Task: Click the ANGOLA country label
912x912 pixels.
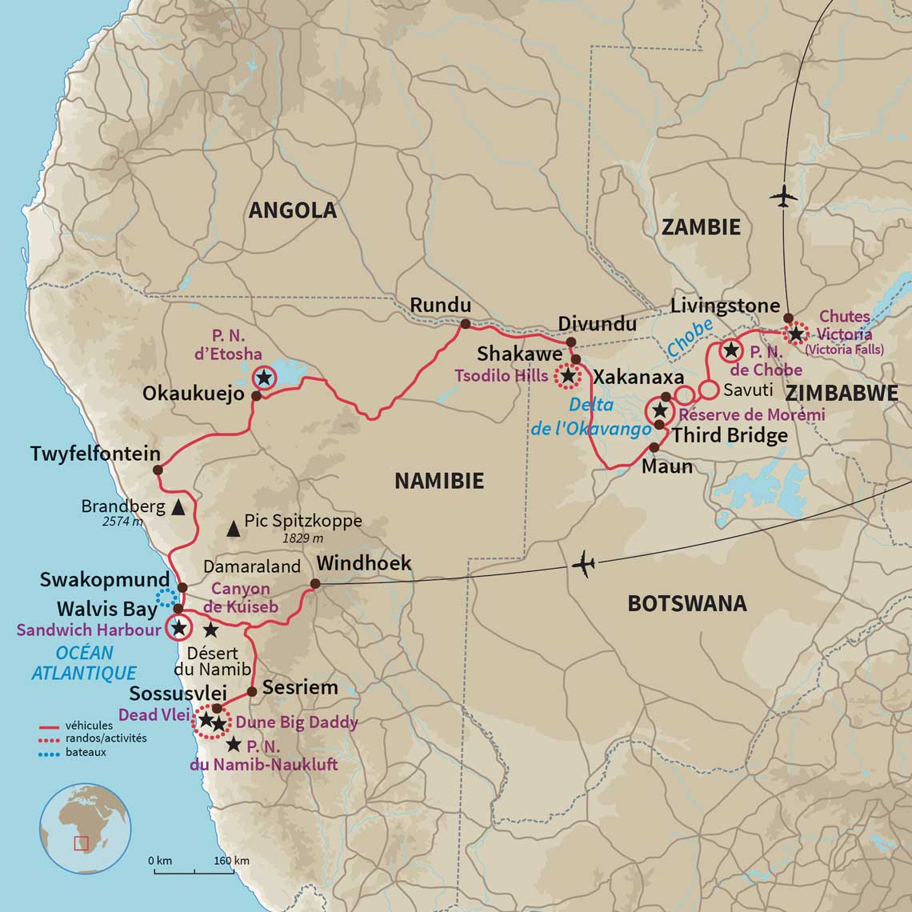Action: (292, 210)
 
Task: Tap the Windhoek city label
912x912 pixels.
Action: (364, 563)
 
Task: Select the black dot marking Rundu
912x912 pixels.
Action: (464, 324)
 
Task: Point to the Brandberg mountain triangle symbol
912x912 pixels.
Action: (178, 507)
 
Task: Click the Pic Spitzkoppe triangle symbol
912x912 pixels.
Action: (233, 527)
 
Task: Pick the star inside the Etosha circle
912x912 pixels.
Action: (263, 378)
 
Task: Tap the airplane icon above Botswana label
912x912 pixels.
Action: (584, 565)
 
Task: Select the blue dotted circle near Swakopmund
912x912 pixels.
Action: (167, 597)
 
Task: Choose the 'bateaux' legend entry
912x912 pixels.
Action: (86, 752)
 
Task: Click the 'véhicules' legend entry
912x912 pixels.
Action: (89, 726)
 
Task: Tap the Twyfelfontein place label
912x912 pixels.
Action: (95, 454)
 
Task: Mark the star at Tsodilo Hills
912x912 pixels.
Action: (568, 374)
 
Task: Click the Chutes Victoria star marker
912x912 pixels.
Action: (796, 334)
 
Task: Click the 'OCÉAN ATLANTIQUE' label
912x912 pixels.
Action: (84, 662)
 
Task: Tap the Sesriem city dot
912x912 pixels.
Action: (252, 691)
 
